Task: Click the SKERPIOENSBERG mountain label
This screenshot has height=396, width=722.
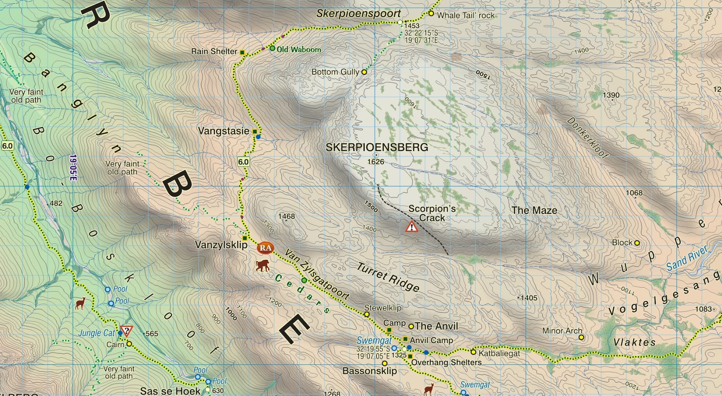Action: tap(377, 147)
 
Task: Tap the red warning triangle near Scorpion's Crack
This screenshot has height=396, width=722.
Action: tap(412, 226)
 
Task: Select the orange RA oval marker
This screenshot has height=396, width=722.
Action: tap(265, 248)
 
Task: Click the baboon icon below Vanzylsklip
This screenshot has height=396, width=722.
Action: tap(263, 265)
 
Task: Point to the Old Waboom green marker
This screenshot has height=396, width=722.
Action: tap(273, 48)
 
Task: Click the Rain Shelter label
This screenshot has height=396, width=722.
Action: tap(214, 51)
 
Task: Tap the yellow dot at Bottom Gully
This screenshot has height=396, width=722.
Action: tap(364, 72)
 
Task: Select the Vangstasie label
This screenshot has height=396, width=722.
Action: tap(223, 131)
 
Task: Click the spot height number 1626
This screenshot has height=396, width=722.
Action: tap(375, 162)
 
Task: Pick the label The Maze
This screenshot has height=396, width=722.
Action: tap(534, 211)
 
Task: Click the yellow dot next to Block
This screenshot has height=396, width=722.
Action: tap(637, 243)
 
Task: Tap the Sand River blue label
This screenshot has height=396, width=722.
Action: tap(687, 259)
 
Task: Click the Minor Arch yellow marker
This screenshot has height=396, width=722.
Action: tap(581, 337)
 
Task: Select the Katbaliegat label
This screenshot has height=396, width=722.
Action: tap(499, 354)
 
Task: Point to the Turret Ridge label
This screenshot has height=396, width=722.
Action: tap(388, 277)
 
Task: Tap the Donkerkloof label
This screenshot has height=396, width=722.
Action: tap(587, 138)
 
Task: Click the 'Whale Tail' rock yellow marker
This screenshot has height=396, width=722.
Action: tap(431, 14)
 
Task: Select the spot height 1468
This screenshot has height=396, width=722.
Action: tap(287, 216)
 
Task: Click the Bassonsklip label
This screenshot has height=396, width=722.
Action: tap(370, 371)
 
